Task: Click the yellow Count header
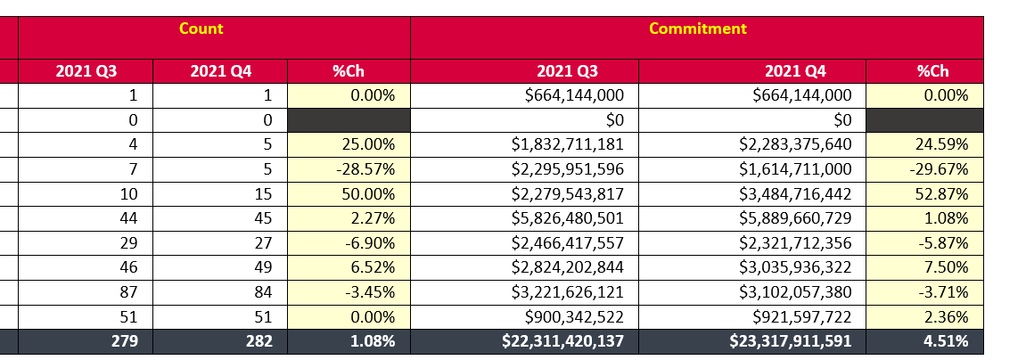[201, 29]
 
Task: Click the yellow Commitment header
[697, 29]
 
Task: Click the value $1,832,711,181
[567, 144]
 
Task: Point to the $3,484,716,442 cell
[795, 193]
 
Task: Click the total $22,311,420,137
[562, 340]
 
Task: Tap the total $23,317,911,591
[791, 340]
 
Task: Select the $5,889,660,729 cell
[795, 217]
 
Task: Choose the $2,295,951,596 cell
[567, 168]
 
